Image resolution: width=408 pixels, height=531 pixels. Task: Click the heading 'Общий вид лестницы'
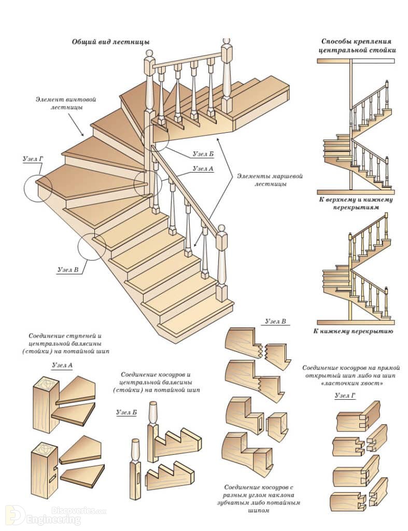coord(111,42)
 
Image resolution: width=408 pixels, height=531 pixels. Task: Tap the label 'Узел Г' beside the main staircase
coord(33,159)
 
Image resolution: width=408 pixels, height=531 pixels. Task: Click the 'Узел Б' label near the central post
coord(203,154)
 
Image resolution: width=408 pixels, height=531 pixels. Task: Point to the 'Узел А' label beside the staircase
coord(203,169)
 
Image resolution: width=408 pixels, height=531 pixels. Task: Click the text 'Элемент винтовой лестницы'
coord(66,103)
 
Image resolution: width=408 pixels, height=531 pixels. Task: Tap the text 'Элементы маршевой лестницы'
coord(270,180)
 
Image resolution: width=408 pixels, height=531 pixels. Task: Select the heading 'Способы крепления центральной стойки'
coord(356,46)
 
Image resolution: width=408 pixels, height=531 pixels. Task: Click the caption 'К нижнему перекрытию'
coord(353,331)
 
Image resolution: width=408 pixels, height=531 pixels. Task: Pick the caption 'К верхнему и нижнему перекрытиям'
coord(356,203)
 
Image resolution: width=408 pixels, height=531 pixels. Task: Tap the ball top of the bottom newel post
coord(221,229)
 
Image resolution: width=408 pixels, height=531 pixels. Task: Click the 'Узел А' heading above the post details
coord(62,366)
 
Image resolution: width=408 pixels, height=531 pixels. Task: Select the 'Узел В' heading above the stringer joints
coord(275,322)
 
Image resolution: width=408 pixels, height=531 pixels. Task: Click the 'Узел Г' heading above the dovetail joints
coord(345,395)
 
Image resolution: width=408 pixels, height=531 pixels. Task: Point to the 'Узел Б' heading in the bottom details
coord(126,412)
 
